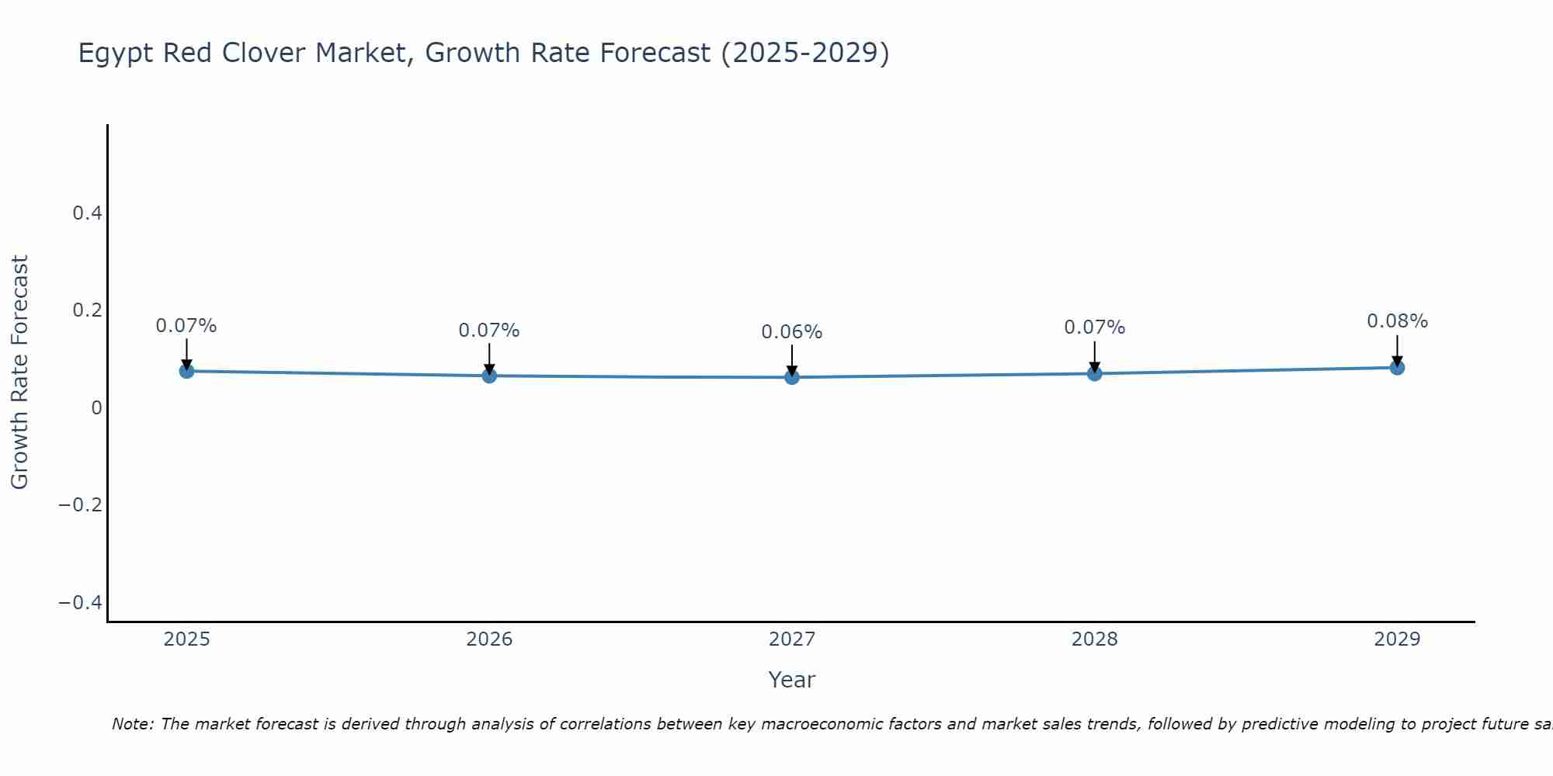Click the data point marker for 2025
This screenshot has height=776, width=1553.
(186, 371)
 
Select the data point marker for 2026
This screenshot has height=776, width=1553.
(489, 376)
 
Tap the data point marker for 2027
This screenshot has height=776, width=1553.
(792, 377)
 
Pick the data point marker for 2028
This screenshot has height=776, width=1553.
(1094, 373)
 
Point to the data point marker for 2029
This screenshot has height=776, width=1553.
(1397, 367)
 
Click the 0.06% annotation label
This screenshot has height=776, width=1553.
(791, 332)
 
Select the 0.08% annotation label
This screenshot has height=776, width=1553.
(1397, 321)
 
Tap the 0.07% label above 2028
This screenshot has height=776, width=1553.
(1094, 327)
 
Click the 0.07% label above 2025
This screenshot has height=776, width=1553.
(186, 326)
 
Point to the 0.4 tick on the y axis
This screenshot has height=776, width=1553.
(87, 213)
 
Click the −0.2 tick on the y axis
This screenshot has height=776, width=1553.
(81, 505)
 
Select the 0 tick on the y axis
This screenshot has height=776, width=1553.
(96, 407)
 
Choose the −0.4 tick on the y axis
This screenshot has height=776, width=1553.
(81, 603)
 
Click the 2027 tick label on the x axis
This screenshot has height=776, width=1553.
(791, 639)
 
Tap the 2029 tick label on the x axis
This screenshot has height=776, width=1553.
(1397, 639)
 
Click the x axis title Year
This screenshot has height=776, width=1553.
(791, 680)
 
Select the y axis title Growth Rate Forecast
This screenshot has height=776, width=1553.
(19, 372)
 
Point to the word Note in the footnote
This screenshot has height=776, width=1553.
(132, 724)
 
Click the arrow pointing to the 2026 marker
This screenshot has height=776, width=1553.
(489, 357)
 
